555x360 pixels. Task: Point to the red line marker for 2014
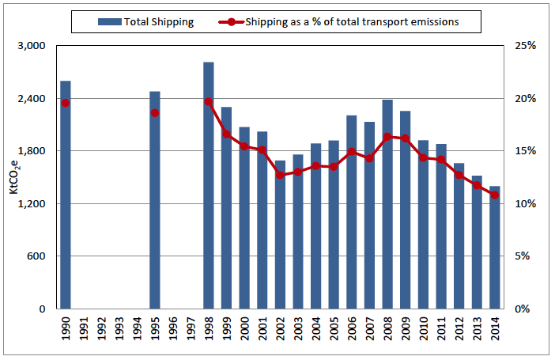[x=495, y=195]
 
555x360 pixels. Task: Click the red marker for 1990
[x=66, y=103]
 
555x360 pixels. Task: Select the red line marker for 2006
[x=352, y=152]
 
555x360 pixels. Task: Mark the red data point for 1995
[x=155, y=112]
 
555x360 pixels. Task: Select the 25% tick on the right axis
[x=525, y=46]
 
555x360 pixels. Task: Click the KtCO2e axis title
[x=13, y=177]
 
